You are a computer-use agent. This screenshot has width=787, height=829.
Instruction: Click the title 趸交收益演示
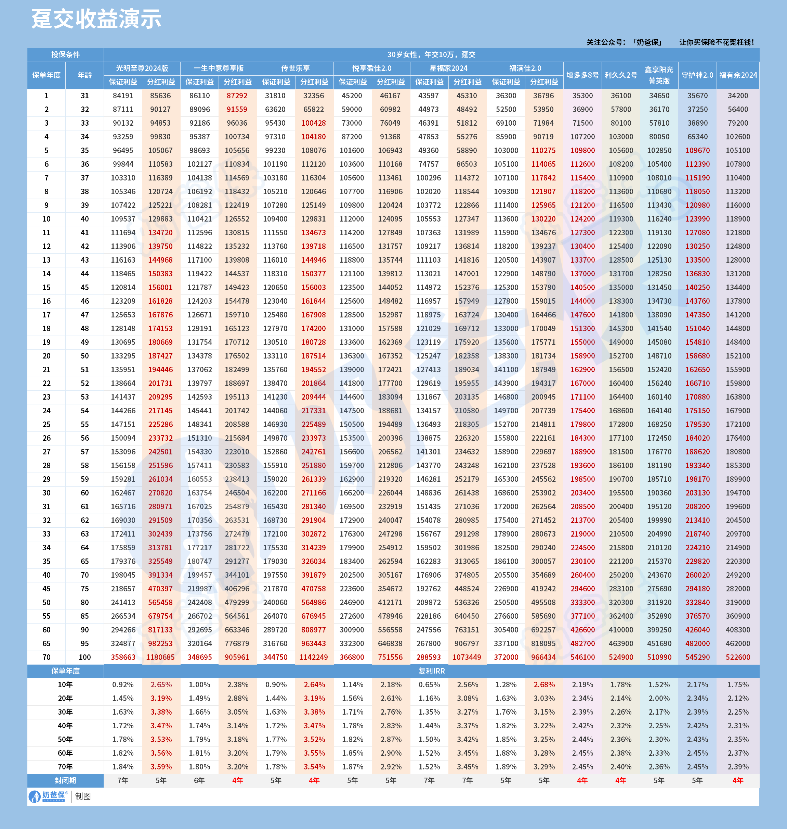(x=96, y=19)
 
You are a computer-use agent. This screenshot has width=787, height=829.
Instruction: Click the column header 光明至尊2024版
(x=142, y=68)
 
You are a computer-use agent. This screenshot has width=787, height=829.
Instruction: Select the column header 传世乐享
(x=295, y=68)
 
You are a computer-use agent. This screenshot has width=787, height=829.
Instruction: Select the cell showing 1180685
(x=160, y=657)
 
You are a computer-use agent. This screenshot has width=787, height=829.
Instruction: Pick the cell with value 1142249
(x=313, y=657)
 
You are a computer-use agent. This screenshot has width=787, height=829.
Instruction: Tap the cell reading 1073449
(x=467, y=657)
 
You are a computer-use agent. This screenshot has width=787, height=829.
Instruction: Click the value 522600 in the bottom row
(x=738, y=657)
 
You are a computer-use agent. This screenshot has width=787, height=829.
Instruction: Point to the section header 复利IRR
(x=431, y=671)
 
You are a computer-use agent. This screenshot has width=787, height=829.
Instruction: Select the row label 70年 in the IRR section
(x=65, y=767)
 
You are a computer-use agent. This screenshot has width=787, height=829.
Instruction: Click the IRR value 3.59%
(x=161, y=767)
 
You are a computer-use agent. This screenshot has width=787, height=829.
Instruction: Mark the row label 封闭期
(x=65, y=781)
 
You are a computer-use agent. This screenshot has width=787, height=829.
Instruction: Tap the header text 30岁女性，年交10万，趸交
(x=431, y=54)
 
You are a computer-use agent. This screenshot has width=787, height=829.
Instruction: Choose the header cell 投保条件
(x=65, y=54)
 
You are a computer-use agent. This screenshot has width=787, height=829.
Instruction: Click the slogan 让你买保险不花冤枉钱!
(x=717, y=42)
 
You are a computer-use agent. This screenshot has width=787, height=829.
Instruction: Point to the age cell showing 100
(x=85, y=657)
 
